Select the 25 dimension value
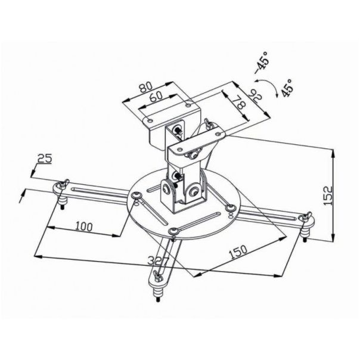point(44,159)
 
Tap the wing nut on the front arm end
point(157,276)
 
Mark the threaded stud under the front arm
point(159,294)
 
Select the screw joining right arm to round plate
point(230,207)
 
